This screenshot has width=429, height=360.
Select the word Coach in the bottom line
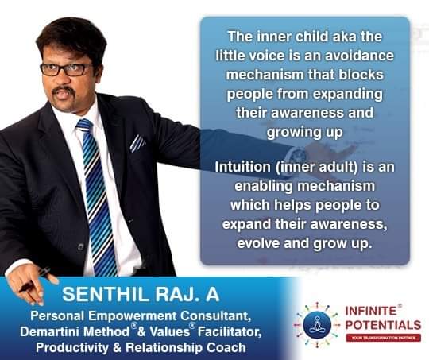coord(226,347)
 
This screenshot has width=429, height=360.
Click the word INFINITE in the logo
coord(371,311)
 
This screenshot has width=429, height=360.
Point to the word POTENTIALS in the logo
coord(383,325)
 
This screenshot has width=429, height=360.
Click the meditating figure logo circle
coord(317,325)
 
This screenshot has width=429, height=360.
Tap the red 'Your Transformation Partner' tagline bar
coord(383,338)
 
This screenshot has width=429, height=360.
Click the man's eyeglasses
coord(67,69)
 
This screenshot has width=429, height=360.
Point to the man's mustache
coord(63,90)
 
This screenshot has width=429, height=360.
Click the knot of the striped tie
coord(84,125)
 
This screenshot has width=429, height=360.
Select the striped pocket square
coord(137,142)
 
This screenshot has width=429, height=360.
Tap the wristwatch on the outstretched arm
coord(297,156)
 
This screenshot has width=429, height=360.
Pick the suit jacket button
coord(80,247)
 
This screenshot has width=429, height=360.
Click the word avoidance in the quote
coord(359,56)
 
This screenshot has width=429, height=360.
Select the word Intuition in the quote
coord(242,167)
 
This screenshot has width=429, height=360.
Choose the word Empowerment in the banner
coord(133,316)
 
